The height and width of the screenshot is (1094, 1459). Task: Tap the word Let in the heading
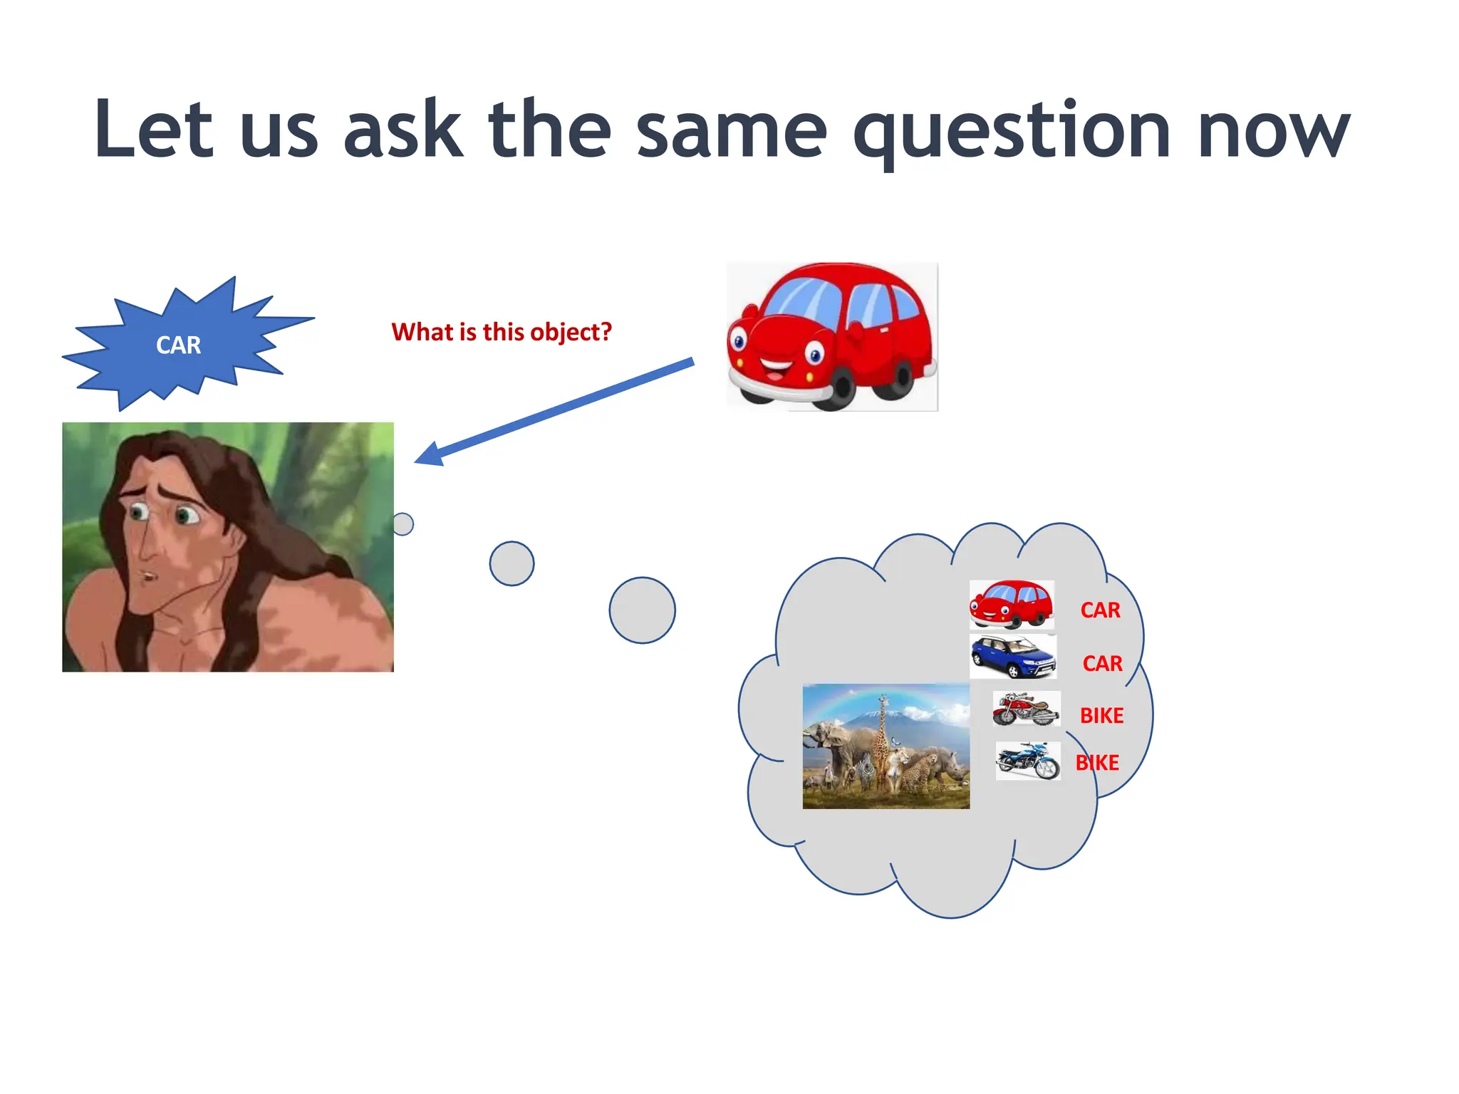coord(153,130)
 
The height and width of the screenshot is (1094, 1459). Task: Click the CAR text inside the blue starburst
coord(178,345)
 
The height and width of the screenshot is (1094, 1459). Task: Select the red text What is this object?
coord(502,332)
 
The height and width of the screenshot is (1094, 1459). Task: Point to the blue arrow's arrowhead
coord(430,454)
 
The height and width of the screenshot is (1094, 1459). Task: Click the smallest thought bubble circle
coord(403,524)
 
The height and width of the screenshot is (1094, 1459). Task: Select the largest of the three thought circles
coord(642,610)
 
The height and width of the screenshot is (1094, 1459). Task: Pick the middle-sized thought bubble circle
coord(512,563)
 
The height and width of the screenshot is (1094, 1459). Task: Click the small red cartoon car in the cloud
coord(1011,604)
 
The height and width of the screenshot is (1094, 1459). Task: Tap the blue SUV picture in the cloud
coord(1012,656)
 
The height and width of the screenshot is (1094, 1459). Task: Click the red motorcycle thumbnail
coord(1026,709)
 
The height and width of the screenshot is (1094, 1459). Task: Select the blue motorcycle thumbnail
coord(1027,761)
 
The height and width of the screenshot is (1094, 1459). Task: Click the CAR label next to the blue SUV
coord(1102,664)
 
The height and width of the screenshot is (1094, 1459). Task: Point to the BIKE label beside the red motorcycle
coord(1101,716)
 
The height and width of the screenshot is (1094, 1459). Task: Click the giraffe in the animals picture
coord(883,741)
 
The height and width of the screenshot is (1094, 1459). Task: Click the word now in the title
coord(1273,132)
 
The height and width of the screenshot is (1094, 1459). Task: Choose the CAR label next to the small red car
coord(1100,610)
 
